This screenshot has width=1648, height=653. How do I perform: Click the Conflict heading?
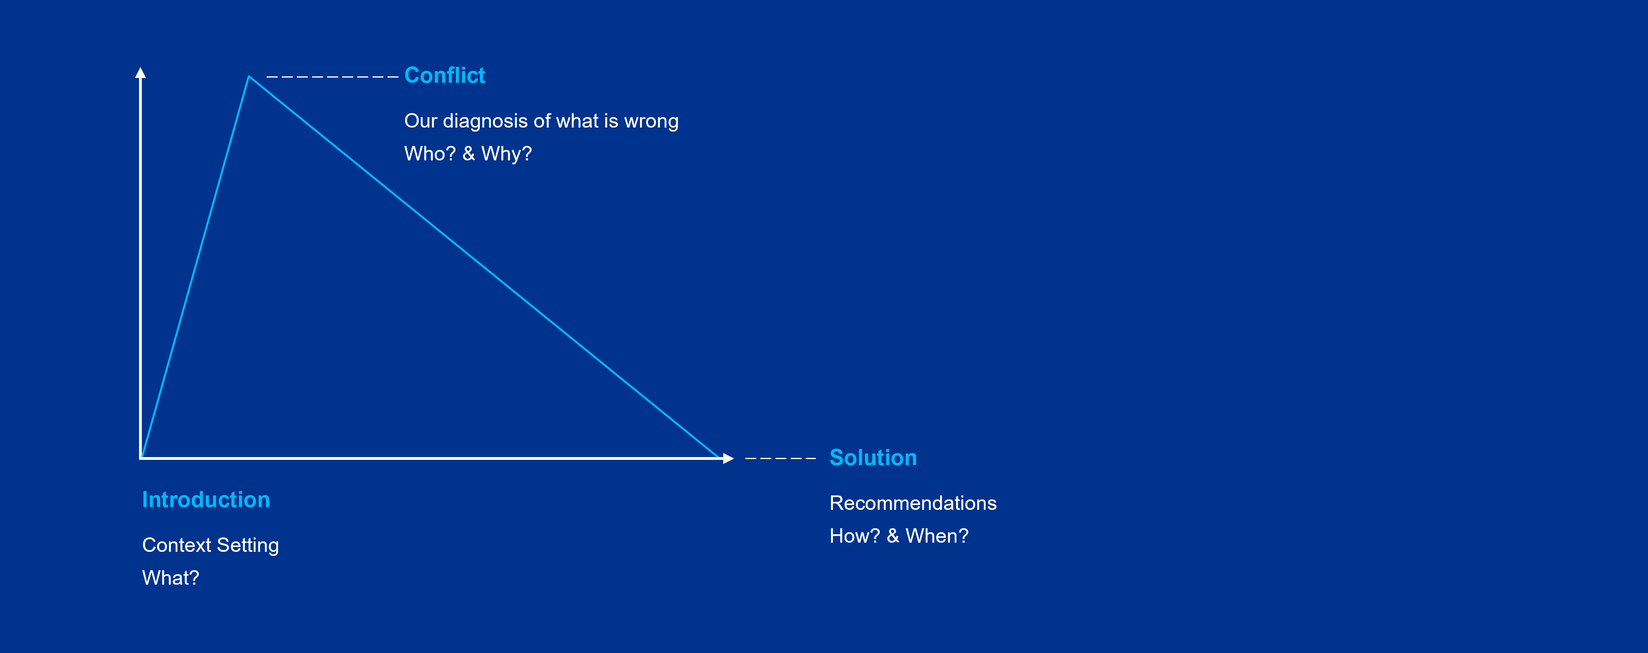pos(445,76)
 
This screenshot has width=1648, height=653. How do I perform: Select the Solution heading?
pos(873,458)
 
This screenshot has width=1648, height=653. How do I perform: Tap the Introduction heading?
pos(206,499)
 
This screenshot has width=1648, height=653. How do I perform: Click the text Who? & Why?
pos(468,154)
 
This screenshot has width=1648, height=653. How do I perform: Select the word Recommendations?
pos(913,503)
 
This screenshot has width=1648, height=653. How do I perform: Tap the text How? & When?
pos(899,536)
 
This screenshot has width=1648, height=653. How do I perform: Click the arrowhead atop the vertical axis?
pos(141,72)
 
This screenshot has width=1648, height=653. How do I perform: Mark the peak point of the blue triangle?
pos(249,76)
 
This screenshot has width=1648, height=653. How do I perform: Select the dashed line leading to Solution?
pos(781,458)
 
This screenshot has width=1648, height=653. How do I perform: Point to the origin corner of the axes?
pos(141,458)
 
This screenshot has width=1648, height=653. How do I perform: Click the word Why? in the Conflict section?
pos(506,154)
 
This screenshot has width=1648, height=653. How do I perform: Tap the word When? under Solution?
pos(937,536)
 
